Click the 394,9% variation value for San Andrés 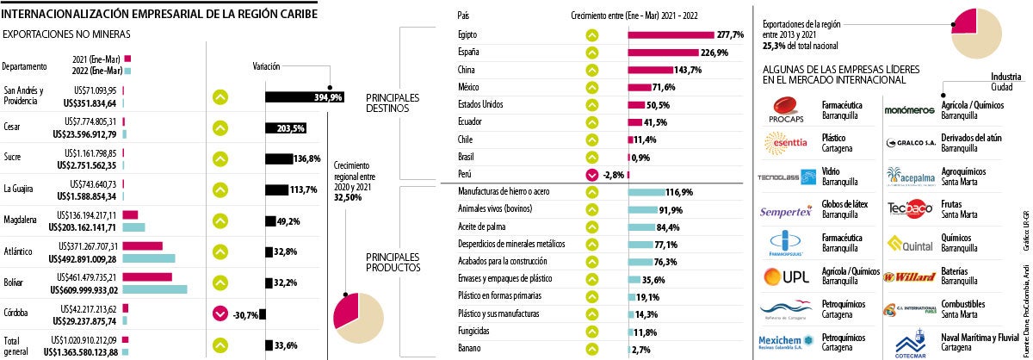point(330,97)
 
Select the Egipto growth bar point(672,34)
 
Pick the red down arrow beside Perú point(591,174)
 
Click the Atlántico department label point(18,251)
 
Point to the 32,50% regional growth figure point(347,197)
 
